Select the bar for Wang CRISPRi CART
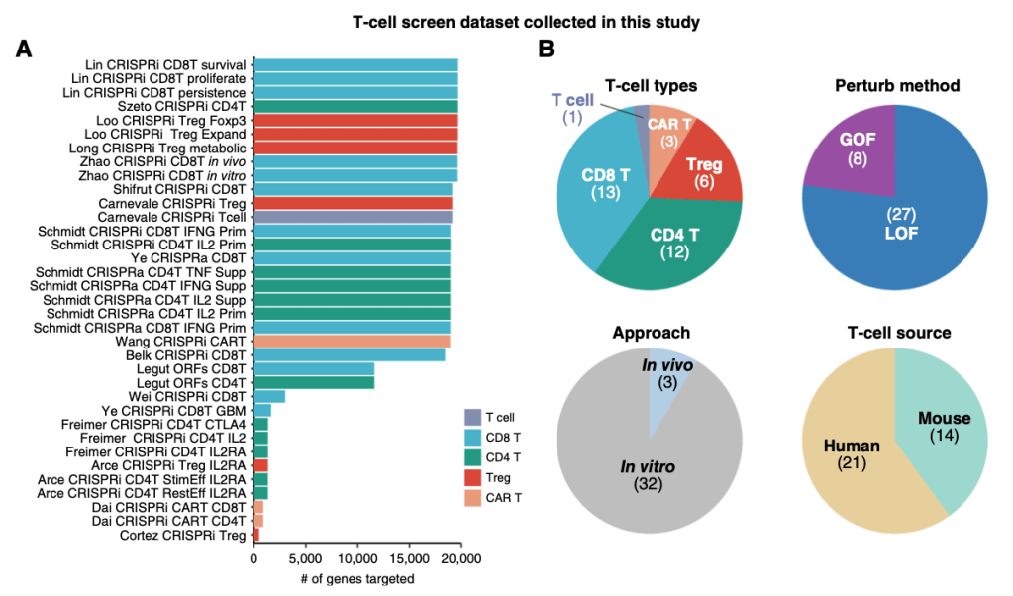coord(352,341)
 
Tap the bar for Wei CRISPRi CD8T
coord(269,396)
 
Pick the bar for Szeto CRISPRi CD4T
coord(355,106)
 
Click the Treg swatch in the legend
coord(473,476)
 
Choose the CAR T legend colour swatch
coord(473,496)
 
